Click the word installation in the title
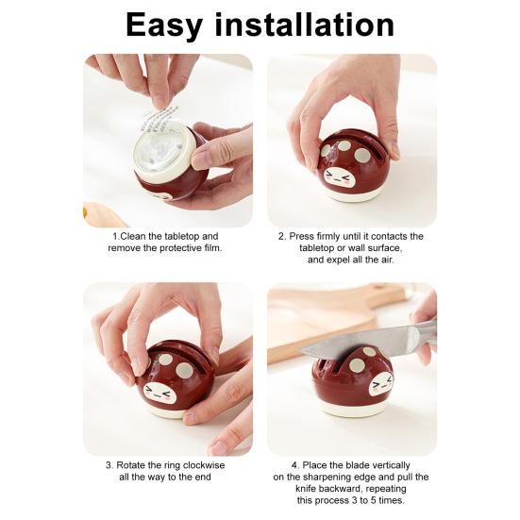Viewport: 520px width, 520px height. (x=319, y=25)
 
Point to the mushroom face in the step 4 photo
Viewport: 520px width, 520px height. (x=379, y=384)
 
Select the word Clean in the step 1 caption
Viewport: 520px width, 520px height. (x=135, y=236)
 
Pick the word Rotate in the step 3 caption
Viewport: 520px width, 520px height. (x=133, y=465)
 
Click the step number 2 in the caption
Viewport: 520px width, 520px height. (x=281, y=236)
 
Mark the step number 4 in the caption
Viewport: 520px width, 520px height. (x=294, y=465)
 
